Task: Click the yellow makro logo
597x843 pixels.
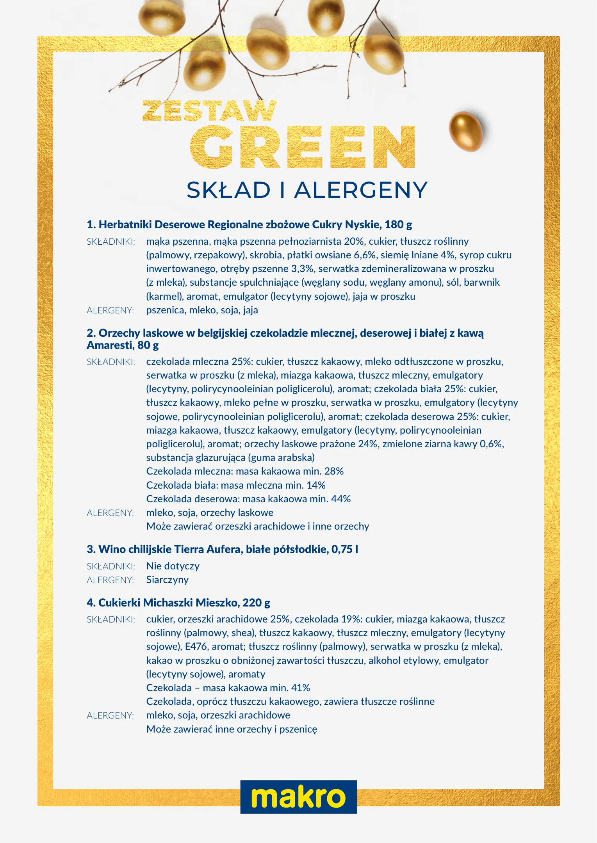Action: (298, 797)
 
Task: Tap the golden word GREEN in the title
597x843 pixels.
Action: (303, 147)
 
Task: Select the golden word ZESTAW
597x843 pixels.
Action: (210, 111)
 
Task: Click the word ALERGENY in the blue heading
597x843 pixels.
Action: (361, 190)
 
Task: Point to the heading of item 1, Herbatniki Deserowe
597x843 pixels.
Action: (249, 224)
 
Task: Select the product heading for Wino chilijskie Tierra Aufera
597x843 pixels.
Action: (222, 549)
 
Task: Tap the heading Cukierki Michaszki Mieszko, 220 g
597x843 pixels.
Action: (178, 603)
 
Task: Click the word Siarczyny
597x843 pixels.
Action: (167, 580)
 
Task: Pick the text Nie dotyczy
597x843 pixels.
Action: (173, 566)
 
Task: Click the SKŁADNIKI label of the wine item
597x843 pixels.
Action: (111, 566)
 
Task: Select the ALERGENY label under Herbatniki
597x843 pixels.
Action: (110, 310)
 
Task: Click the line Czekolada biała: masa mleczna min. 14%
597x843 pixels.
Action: (235, 485)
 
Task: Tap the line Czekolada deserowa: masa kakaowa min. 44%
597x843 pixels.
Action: (248, 499)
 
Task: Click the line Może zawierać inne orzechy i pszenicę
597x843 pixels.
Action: (232, 729)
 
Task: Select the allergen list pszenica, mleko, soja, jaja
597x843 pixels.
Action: (202, 310)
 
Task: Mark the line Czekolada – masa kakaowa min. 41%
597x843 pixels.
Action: (228, 688)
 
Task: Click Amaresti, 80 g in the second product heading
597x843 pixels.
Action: (123, 345)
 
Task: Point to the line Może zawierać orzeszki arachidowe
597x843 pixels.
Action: (258, 526)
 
